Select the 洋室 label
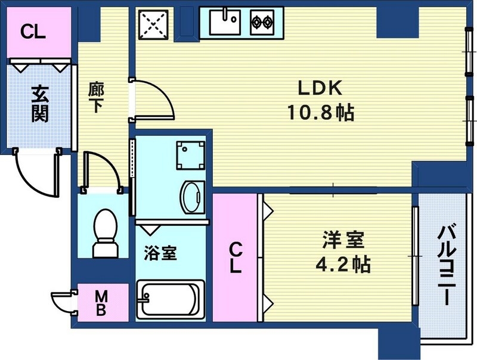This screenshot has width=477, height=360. pos(342,241)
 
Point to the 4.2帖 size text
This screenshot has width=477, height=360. pos(342,263)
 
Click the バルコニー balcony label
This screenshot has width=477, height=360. pos(447,265)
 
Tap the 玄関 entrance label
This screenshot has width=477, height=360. pos(39,104)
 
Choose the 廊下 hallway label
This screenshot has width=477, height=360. pos(96,97)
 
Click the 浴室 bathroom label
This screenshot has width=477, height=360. pos(160,253)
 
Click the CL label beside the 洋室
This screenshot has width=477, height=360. pos(236,257)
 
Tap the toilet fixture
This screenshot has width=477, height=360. pos(106,232)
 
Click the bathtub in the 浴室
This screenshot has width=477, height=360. pos(170,300)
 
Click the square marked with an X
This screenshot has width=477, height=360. pos(155,25)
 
